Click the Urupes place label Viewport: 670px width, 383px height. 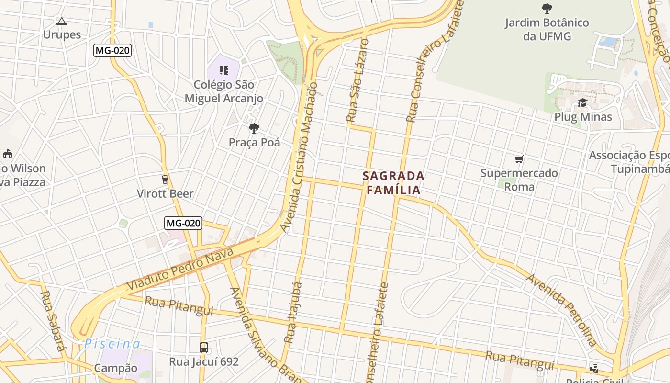(62, 34)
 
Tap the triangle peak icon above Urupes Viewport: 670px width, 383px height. (61, 21)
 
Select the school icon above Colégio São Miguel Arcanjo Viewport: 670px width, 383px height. (223, 70)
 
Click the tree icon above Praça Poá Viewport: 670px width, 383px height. (254, 128)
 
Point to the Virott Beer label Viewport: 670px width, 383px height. (165, 193)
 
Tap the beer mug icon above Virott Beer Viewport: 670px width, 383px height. (165, 180)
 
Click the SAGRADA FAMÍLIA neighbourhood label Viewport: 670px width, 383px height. (393, 183)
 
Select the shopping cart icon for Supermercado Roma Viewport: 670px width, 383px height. (519, 159)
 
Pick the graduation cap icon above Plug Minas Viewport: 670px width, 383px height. (582, 103)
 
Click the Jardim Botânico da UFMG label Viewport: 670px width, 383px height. (547, 29)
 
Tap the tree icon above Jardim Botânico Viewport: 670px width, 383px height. (547, 8)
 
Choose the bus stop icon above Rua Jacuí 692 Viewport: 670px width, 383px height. (204, 347)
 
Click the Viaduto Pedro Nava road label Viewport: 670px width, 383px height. (180, 269)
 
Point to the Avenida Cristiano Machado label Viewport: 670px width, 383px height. (300, 157)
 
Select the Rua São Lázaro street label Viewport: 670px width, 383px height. (357, 80)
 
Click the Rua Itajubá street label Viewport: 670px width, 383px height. (293, 313)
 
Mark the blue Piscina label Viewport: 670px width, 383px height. (112, 344)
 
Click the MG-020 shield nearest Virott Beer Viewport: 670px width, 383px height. (183, 223)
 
